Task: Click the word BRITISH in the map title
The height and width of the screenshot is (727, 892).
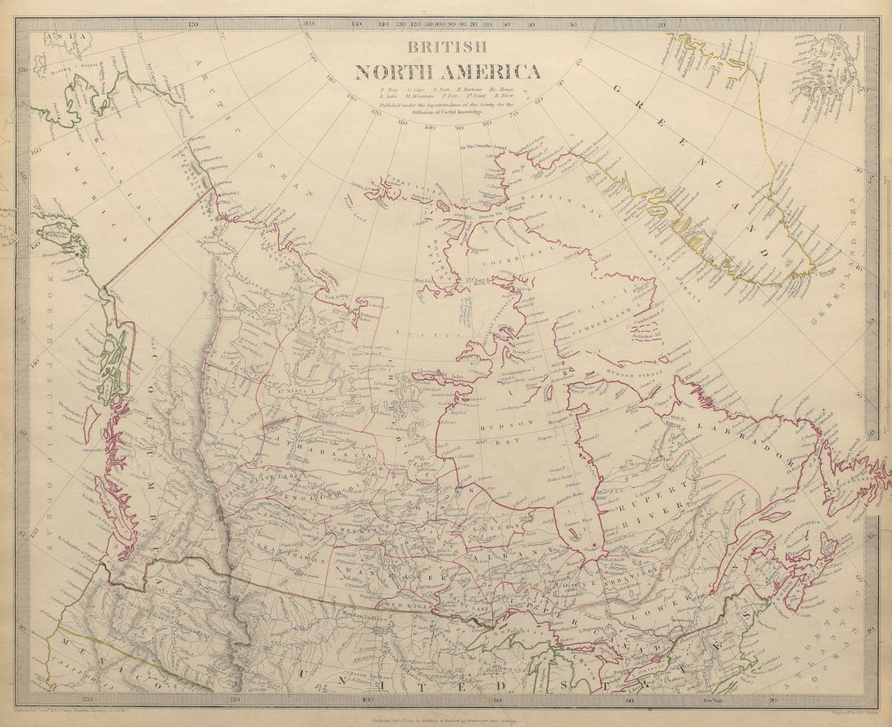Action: [447, 47]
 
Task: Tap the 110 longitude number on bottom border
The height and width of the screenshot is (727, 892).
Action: [234, 697]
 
